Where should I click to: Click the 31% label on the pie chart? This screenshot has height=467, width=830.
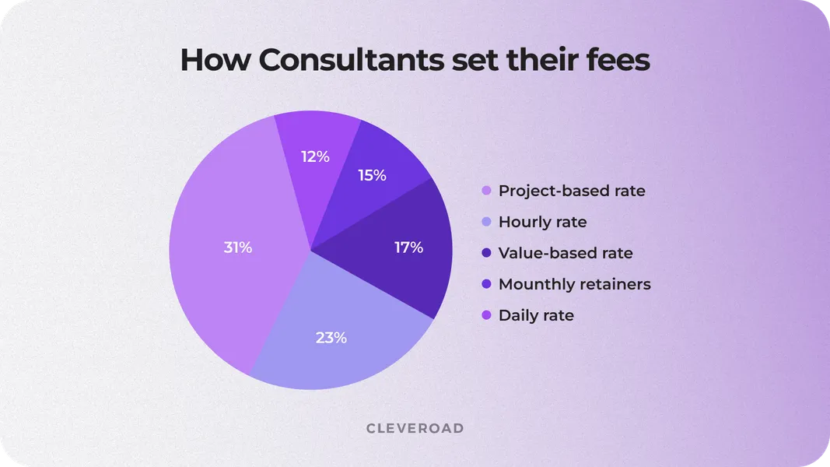[x=238, y=248]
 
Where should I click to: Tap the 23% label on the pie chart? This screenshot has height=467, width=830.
[x=331, y=338]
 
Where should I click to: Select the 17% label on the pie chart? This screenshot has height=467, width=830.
[x=408, y=248]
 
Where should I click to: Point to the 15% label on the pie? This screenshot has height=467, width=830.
[x=372, y=175]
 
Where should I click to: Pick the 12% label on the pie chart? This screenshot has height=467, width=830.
[x=315, y=156]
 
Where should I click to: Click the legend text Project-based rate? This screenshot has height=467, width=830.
[x=572, y=191]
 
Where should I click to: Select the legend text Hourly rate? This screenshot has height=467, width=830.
[x=542, y=222]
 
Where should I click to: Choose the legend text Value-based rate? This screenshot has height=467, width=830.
[x=566, y=253]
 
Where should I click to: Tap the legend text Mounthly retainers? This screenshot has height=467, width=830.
[x=574, y=284]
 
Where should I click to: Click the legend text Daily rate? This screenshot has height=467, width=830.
[x=536, y=315]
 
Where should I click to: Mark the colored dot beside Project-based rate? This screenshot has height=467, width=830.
[x=487, y=191]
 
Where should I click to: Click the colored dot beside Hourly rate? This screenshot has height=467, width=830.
[x=487, y=222]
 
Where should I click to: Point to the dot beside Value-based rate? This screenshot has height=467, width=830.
[x=487, y=253]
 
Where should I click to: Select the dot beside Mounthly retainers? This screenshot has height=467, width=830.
[x=487, y=284]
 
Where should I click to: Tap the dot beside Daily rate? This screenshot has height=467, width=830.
[x=487, y=315]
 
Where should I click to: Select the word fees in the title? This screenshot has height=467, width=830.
[x=614, y=60]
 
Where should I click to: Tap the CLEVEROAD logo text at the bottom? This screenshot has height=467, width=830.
[x=415, y=428]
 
